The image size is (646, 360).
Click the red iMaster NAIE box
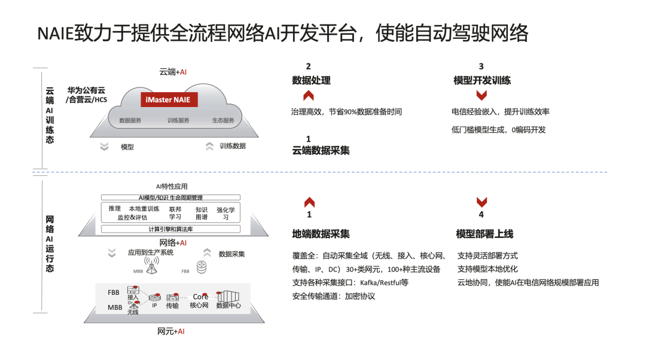tap(165, 99)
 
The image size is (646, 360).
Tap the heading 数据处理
tap(311, 81)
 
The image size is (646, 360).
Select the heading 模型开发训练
tap(482, 81)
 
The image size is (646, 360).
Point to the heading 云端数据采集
tap(321, 151)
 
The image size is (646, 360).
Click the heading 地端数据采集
tap(321, 233)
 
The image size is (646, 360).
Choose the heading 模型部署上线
tap(484, 233)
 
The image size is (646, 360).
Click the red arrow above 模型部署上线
tap(482, 202)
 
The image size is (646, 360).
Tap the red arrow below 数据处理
tap(309, 96)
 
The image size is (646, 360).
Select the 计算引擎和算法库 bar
tap(170, 229)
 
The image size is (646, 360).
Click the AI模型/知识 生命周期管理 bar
tap(170, 197)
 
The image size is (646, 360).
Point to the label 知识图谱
tap(202, 213)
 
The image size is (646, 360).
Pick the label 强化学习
tap(226, 213)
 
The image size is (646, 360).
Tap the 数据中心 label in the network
tap(228, 306)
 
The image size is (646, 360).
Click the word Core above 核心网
tap(200, 297)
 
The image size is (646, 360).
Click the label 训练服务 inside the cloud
tap(178, 120)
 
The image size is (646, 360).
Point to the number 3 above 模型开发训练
tap(481, 66)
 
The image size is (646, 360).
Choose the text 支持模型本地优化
tap(487, 269)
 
